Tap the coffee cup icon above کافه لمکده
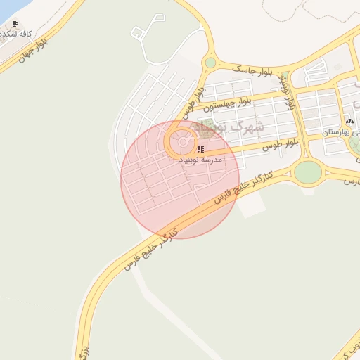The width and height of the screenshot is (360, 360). (x=15, y=24)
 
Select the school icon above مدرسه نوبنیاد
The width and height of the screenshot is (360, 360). (x=200, y=149)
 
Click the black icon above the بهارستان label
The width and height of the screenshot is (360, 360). (x=349, y=122)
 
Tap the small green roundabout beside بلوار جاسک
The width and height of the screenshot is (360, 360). (x=210, y=63)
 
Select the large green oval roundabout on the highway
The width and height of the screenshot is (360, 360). (x=307, y=172)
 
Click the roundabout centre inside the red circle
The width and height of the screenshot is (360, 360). (x=182, y=143)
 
